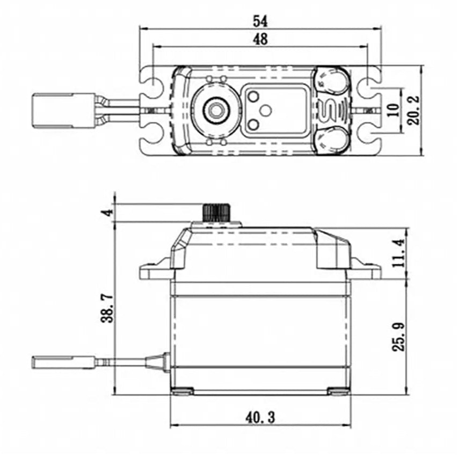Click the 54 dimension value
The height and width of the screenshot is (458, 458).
click(260, 21)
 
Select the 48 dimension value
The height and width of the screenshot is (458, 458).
click(260, 39)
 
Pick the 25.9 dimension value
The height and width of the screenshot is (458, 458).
click(398, 337)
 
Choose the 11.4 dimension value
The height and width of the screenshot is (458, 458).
click(398, 253)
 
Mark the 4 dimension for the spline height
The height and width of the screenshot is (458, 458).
click(108, 212)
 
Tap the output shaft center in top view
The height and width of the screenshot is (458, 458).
click(216, 110)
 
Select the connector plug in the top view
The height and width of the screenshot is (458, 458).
click(53, 110)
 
